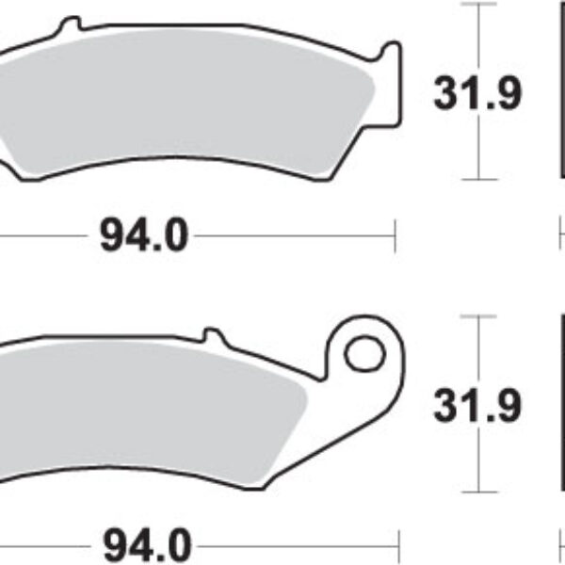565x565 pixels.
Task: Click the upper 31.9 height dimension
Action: (x=477, y=93)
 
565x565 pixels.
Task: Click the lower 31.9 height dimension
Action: (x=477, y=405)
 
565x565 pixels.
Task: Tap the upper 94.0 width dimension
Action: (x=144, y=234)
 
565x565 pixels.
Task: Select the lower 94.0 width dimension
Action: (x=147, y=545)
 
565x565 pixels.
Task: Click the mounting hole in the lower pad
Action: (x=364, y=353)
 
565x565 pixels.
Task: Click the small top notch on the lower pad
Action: (x=213, y=334)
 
